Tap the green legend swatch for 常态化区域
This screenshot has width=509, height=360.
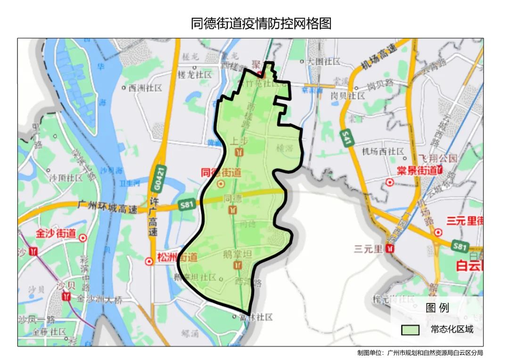(410, 329)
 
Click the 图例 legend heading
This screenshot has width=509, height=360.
(437, 308)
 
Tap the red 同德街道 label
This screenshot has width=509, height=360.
(221, 173)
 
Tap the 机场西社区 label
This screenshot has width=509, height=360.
(383, 152)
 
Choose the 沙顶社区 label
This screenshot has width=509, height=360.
(66, 178)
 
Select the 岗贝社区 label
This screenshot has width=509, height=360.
(347, 96)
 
